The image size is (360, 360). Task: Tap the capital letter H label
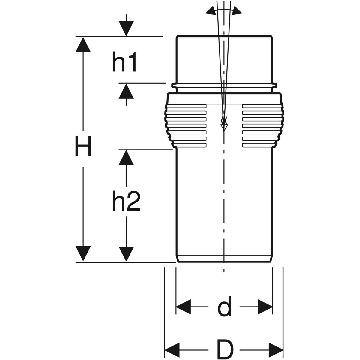point(83,146)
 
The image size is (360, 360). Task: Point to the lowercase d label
point(224,307)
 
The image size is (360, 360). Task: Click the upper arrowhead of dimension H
point(83,44)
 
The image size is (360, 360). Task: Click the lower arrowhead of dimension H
point(83,254)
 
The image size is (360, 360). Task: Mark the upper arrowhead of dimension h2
point(126,157)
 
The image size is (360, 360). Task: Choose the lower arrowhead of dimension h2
point(126,254)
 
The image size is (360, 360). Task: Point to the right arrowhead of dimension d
point(265,307)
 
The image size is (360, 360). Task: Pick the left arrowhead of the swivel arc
point(210,11)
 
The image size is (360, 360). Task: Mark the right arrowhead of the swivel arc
point(238,11)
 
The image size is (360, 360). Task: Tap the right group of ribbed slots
point(260,125)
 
